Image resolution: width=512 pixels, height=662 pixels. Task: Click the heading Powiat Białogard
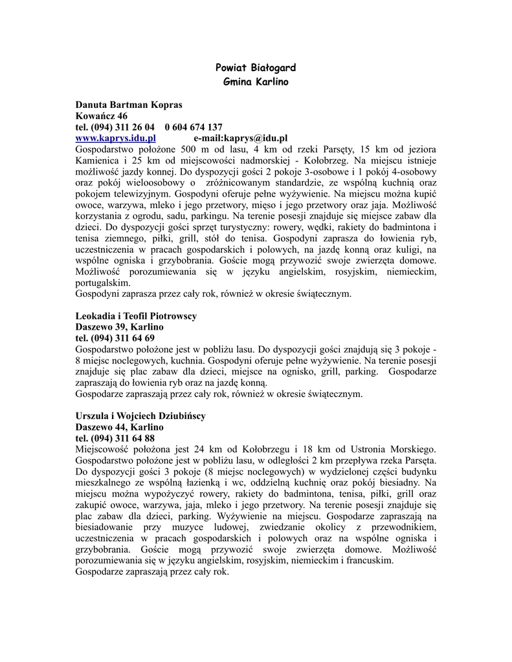[256, 68]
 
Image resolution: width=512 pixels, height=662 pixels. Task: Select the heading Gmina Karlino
[256, 82]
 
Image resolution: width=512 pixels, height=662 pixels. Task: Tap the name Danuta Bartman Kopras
[129, 105]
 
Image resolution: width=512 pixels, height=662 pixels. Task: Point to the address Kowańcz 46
[102, 116]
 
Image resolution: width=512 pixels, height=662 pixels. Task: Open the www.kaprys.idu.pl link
[116, 138]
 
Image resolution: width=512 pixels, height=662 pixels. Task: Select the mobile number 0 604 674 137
[194, 127]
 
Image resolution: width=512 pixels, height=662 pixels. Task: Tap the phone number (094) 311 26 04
[123, 127]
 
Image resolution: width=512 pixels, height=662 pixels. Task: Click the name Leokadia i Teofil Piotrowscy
[136, 316]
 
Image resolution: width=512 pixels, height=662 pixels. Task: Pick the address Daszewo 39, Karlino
[119, 327]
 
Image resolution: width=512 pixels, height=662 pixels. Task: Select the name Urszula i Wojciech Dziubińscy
[140, 416]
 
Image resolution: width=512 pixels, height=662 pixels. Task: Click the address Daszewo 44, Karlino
[119, 427]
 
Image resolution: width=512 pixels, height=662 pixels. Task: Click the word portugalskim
[102, 282]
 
